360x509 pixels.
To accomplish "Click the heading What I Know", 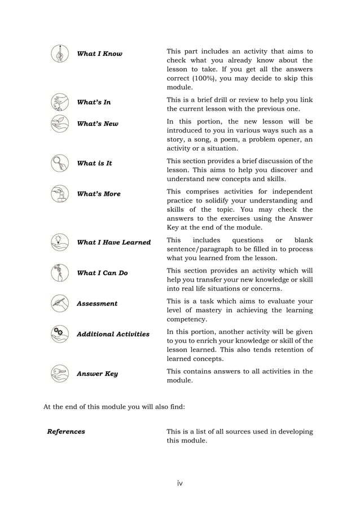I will (99, 54).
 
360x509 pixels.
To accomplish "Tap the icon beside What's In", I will (59, 102).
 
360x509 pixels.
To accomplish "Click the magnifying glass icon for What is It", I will (59, 163).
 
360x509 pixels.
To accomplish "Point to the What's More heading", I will (99, 194).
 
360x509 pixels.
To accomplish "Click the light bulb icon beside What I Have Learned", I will (59, 242).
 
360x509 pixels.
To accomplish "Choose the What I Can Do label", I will (102, 273).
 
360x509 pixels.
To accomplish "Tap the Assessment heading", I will (97, 304).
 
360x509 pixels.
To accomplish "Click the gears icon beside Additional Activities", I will (59, 334).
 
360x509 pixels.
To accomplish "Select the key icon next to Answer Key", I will (59, 374).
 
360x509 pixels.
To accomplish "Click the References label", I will (66, 432).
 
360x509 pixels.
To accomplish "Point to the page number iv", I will (180, 483).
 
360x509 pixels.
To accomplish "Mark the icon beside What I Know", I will (59, 54).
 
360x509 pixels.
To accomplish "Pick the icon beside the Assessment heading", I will (59, 304).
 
